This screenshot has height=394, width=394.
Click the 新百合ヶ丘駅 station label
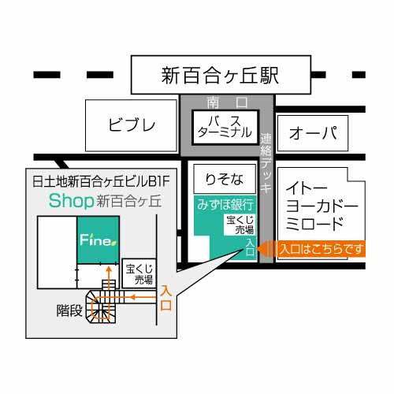pos(220,76)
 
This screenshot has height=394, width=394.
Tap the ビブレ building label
pos(132,125)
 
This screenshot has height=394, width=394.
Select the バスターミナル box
pos(225,128)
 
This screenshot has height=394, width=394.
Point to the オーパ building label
pos(313,133)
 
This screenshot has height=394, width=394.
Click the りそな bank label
pos(225,180)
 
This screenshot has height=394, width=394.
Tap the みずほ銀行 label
pos(225,204)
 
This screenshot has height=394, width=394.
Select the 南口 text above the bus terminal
pos(227,102)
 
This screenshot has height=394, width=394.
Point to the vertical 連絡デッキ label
pos(266,163)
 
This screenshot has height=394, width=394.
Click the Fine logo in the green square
pos(98,240)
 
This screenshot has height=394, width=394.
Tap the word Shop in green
pos(71,201)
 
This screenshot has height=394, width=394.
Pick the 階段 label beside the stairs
pos(69,310)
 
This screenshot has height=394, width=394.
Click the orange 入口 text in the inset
pos(165,298)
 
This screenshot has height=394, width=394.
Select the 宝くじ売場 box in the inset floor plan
pos(139,273)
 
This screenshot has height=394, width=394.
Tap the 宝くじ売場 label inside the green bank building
pos(240,225)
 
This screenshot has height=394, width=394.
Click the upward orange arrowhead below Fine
pos(109,269)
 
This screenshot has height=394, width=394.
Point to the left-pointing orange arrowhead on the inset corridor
pos(132,297)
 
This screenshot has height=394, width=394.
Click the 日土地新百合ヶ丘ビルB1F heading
pos(101,181)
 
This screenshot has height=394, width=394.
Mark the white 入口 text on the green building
pos(250,248)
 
